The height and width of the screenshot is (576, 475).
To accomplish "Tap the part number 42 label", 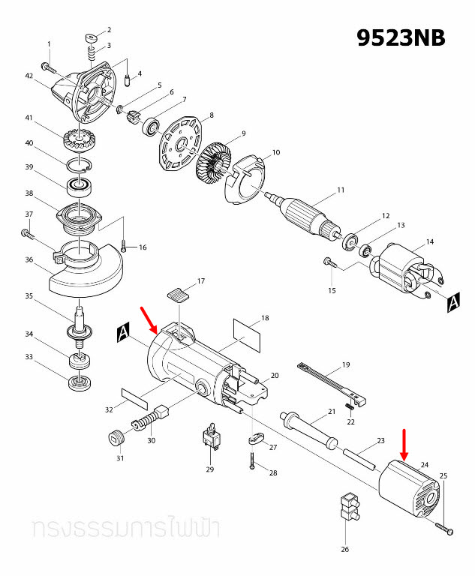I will [29, 76].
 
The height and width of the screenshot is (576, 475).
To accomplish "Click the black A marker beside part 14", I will [453, 302].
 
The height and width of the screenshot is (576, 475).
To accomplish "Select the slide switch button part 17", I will [176, 293].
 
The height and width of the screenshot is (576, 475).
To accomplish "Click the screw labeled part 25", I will [446, 530].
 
